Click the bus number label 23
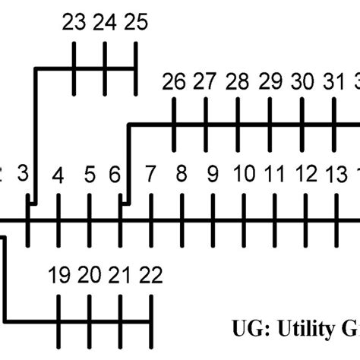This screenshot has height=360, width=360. [x=74, y=24]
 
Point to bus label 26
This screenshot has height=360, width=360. [x=174, y=81]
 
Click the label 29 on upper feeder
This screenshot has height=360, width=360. [x=270, y=81]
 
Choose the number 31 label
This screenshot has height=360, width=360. [x=333, y=81]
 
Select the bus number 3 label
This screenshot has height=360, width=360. [x=23, y=175]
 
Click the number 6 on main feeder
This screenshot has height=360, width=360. [x=115, y=175]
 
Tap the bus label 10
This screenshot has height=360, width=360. [x=244, y=175]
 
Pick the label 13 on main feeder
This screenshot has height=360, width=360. [x=336, y=175]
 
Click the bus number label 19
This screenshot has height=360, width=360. [x=58, y=274]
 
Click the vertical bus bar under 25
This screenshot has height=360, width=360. [x=135, y=68]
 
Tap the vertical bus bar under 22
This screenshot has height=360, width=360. [x=151, y=319]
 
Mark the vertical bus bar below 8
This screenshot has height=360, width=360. [x=182, y=220]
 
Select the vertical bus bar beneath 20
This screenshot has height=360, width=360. [x=89, y=319]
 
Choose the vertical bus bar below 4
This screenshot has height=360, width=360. [x=58, y=220]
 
